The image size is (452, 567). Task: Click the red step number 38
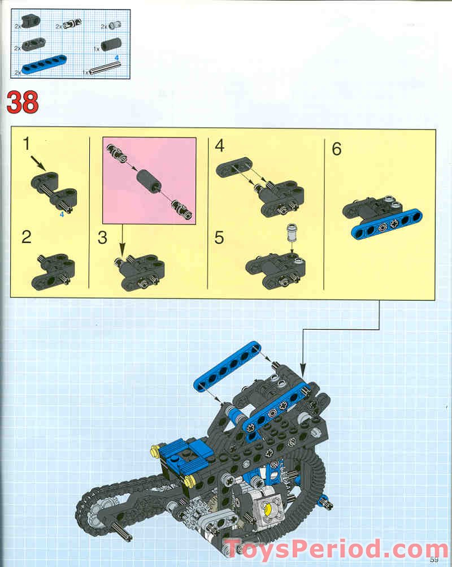[23, 102]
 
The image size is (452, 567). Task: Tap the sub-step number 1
[27, 144]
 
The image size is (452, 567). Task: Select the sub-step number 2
[27, 237]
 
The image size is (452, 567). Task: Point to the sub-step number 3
[102, 238]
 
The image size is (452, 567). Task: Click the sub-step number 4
[220, 146]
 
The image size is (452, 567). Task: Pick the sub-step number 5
[219, 237]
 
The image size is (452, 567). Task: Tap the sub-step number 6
[337, 149]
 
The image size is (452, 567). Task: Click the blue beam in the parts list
[44, 65]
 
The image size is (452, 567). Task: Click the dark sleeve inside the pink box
[148, 180]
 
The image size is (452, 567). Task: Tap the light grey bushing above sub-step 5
[292, 232]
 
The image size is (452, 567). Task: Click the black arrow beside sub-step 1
[38, 163]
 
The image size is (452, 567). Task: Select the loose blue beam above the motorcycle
[228, 366]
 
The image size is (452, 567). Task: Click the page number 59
[434, 560]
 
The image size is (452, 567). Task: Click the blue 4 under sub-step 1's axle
[62, 214]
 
